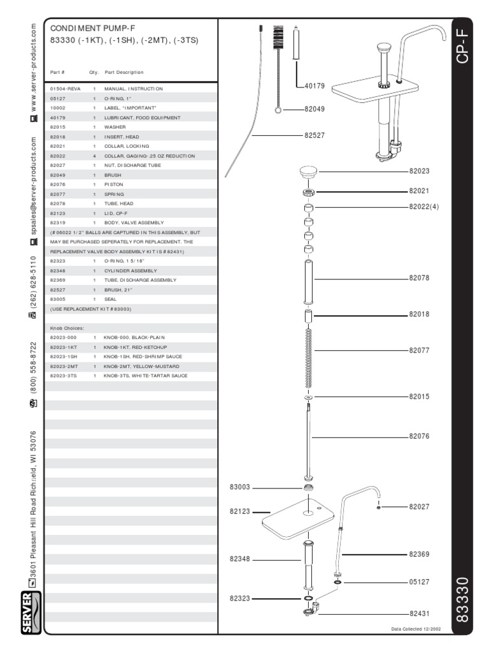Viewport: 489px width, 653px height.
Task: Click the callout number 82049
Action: point(315,109)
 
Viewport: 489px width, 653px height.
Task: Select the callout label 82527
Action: point(315,135)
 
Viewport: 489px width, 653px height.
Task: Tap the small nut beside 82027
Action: point(379,507)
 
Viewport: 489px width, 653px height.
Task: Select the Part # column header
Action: point(57,72)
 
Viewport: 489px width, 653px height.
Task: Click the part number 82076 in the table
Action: point(59,184)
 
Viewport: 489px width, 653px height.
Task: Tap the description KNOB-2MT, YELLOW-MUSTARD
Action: point(141,367)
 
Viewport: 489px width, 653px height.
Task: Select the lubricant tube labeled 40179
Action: point(296,48)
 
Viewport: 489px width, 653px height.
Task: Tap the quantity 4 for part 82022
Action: point(94,156)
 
